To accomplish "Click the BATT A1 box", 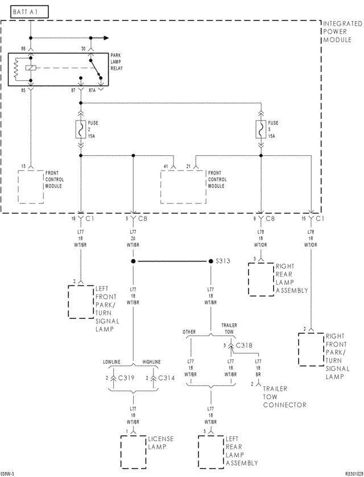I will tap(26, 10).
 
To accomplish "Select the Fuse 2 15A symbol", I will tap(80, 130).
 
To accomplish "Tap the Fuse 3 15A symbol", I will tap(260, 130).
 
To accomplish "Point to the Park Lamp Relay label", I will tap(118, 60).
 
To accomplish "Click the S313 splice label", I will tap(224, 262).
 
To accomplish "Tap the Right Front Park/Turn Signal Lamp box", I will tap(311, 349).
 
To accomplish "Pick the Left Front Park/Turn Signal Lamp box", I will tap(80, 302).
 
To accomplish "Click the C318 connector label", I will tap(244, 345).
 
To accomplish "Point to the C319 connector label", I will tap(126, 378).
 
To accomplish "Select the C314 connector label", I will tap(167, 378).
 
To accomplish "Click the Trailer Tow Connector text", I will tap(284, 396).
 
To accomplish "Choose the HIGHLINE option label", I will tap(151, 362).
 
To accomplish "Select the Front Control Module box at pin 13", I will tap(31, 186).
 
